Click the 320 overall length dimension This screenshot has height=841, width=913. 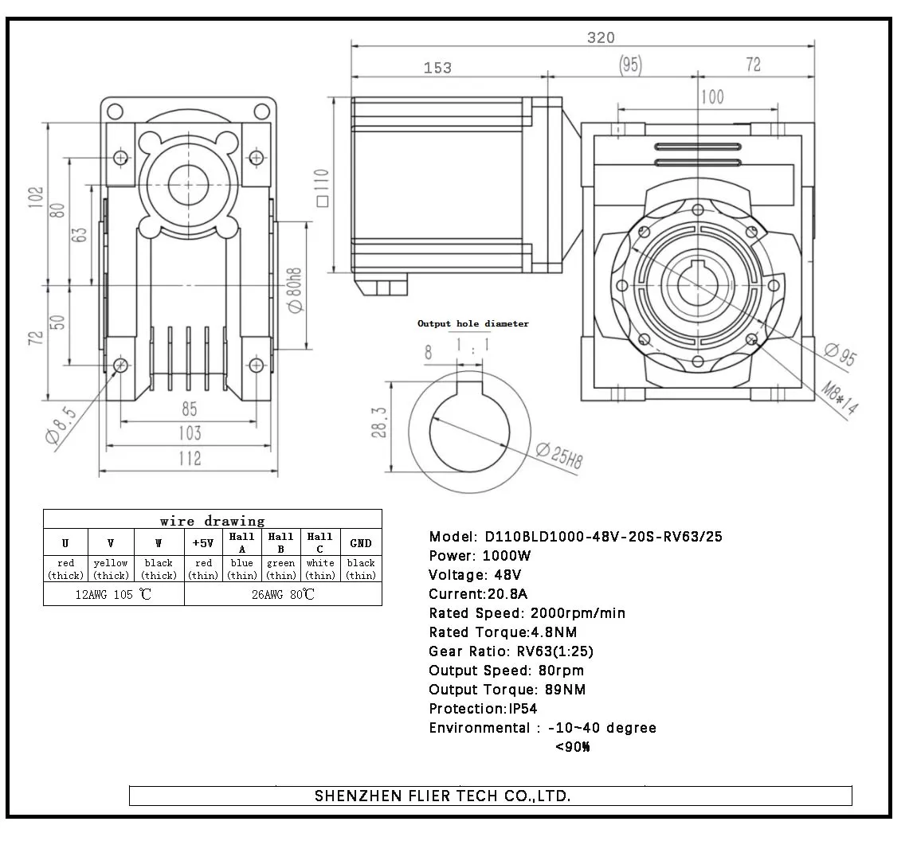pos(601,37)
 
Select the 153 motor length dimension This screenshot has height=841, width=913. pos(437,68)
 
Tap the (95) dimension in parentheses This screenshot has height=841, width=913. pos(630,65)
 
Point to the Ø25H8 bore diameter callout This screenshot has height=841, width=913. pos(560,455)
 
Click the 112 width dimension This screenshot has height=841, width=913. pos(189,459)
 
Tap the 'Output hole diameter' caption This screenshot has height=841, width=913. pos(472,323)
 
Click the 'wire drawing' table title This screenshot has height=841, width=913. pos(212,521)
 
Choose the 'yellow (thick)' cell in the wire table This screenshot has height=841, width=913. pos(111,569)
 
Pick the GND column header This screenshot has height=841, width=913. pos(361,543)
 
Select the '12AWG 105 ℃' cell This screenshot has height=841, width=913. pos(113,594)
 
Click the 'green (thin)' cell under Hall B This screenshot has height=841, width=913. pos(281,569)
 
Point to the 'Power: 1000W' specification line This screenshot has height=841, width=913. pos(480,556)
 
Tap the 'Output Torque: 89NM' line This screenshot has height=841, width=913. pos(507,690)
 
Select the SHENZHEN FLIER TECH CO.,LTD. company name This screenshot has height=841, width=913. pos(442,796)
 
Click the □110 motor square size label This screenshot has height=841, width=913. pos(321,187)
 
